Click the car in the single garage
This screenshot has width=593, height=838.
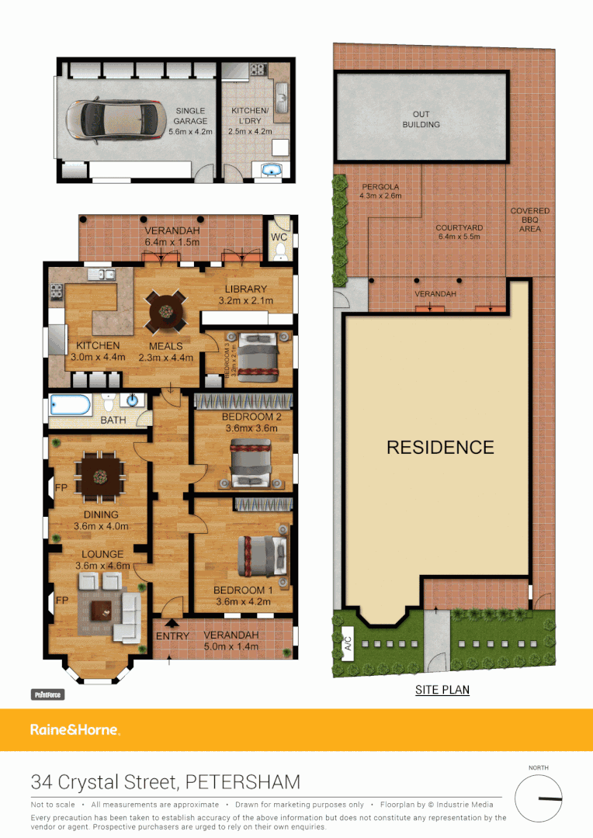click(114, 120)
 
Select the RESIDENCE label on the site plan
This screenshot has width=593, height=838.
click(440, 448)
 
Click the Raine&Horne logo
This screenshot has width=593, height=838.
click(75, 729)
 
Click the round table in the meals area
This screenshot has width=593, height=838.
click(167, 310)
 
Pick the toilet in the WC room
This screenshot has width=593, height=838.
click(280, 250)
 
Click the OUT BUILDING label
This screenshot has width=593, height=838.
click(421, 119)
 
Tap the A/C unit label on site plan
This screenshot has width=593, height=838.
click(347, 643)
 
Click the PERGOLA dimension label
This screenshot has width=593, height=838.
click(380, 192)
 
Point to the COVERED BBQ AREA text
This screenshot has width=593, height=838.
click(530, 220)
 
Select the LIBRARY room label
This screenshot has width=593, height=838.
click(246, 290)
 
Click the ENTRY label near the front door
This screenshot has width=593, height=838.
click(172, 636)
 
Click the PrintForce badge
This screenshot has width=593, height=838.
click(47, 695)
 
